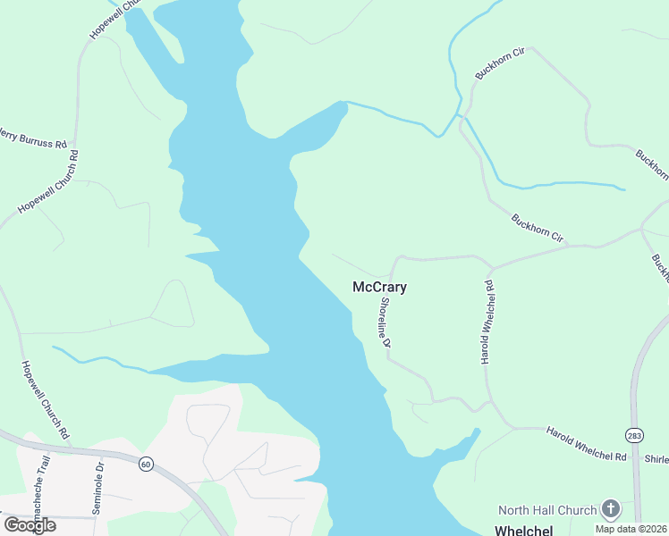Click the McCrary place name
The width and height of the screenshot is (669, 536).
[x=380, y=288]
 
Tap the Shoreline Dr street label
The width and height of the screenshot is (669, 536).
[x=385, y=322]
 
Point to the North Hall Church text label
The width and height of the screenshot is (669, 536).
[x=546, y=510]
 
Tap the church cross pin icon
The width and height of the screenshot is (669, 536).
[x=611, y=510]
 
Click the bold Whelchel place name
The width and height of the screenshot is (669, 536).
[x=523, y=530]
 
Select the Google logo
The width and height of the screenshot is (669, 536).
[x=30, y=525]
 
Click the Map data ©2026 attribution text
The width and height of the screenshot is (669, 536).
[x=631, y=529]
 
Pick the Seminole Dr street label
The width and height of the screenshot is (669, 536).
[x=98, y=487]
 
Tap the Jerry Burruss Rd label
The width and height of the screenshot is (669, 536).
[x=32, y=138]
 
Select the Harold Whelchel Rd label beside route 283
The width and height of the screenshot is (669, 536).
[x=586, y=444]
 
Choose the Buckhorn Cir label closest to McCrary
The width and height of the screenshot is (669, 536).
[x=538, y=228]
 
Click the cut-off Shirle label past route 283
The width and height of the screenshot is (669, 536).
[x=656, y=459]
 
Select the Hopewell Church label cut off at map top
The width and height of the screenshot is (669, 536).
[x=116, y=18]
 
